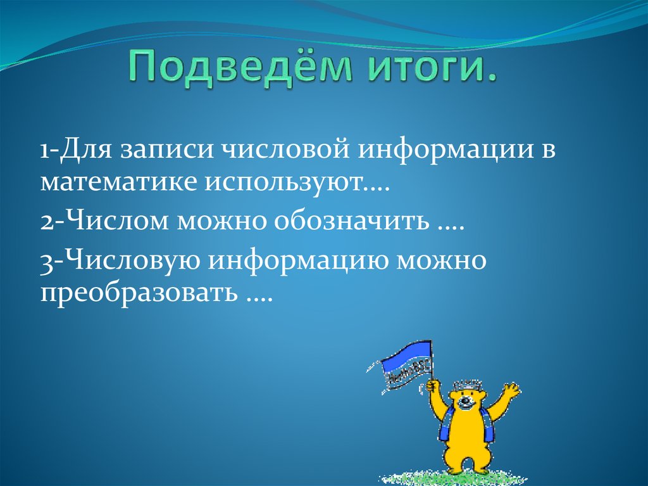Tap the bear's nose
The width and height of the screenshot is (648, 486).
point(466,402)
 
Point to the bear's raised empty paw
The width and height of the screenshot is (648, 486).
point(509,392)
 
